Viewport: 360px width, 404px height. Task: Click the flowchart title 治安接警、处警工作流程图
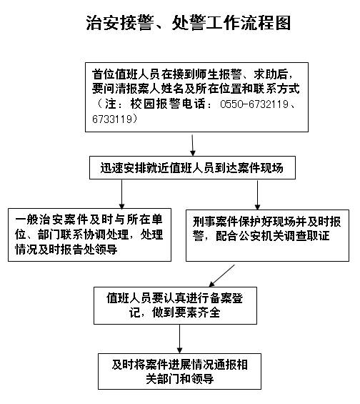click(188, 23)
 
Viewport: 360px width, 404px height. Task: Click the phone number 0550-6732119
click(254, 104)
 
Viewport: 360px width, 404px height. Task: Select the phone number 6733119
click(112, 119)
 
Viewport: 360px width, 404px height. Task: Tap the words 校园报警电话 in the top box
click(168, 104)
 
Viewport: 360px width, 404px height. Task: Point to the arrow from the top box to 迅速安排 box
click(192, 145)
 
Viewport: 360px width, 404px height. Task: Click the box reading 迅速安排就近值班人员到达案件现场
click(192, 167)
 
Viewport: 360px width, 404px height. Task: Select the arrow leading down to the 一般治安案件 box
click(121, 194)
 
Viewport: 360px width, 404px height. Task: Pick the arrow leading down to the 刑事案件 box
click(257, 194)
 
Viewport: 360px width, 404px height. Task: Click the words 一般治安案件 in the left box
click(51, 220)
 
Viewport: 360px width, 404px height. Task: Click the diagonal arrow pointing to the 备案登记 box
click(221, 276)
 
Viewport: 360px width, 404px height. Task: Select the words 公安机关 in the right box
click(261, 236)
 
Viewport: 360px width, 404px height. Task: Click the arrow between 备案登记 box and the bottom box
click(179, 339)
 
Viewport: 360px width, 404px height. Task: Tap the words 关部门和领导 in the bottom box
click(179, 379)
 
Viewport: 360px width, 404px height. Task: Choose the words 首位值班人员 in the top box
click(126, 74)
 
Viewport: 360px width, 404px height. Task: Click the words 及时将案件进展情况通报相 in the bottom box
click(179, 365)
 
